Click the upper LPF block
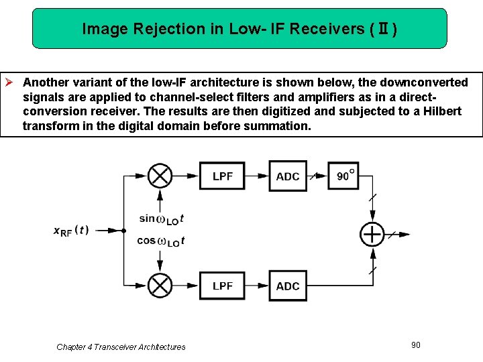[222, 176]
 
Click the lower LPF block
[222, 286]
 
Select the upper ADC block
[288, 176]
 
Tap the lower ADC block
[288, 286]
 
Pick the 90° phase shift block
[345, 176]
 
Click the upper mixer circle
[160, 176]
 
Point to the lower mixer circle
[160, 286]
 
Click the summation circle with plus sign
[372, 234]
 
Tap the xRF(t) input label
[70, 230]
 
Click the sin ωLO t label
[161, 218]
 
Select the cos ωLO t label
[161, 241]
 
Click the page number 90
[416, 345]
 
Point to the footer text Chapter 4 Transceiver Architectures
[121, 347]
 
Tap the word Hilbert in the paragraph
[441, 111]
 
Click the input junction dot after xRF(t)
[124, 231]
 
